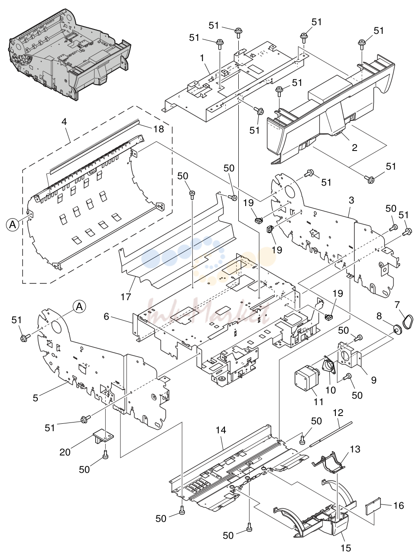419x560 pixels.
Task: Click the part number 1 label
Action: [x=202, y=58]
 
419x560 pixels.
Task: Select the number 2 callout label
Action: [x=354, y=147]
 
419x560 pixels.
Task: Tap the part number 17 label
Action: [x=126, y=297]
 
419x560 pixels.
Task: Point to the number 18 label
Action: [x=159, y=129]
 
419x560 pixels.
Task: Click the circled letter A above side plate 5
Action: [x=79, y=306]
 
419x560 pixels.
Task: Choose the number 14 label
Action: [x=221, y=430]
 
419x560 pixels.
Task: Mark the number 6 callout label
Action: [x=106, y=317]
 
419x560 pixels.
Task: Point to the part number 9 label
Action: [x=374, y=380]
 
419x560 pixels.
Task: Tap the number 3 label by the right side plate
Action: [x=351, y=200]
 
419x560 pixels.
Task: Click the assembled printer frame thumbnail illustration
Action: [x=69, y=54]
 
